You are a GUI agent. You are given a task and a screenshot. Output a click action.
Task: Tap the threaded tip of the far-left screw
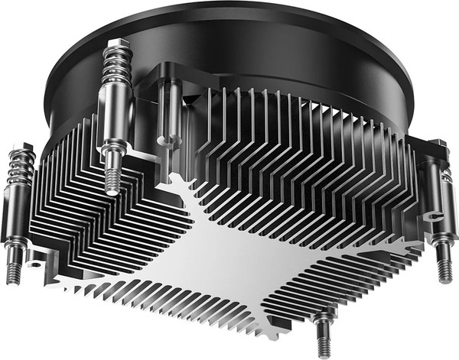coord(12,271)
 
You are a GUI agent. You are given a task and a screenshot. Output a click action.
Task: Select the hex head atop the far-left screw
coord(21,148)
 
